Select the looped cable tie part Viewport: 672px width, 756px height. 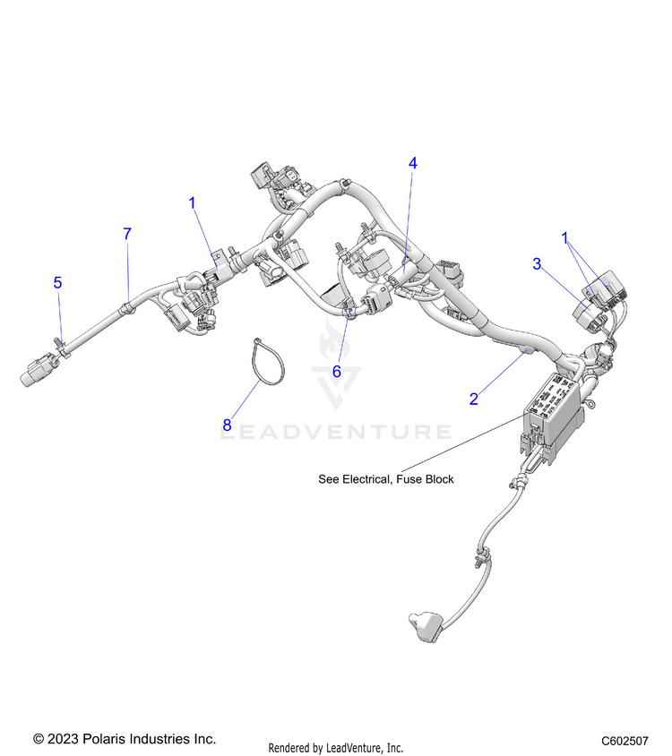pyautogui.click(x=266, y=362)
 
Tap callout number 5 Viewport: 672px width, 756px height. pyautogui.click(x=57, y=283)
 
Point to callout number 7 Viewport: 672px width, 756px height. pyautogui.click(x=127, y=234)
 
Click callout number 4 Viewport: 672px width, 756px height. pyautogui.click(x=413, y=163)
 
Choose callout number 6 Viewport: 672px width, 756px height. pyautogui.click(x=337, y=370)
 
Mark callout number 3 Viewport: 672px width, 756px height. pyautogui.click(x=537, y=263)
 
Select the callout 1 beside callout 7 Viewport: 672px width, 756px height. pyautogui.click(x=192, y=203)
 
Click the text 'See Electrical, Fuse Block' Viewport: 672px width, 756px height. pyautogui.click(x=386, y=479)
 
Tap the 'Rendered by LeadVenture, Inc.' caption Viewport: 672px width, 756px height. pyautogui.click(x=336, y=747)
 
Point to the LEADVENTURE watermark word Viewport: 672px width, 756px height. pyautogui.click(x=336, y=433)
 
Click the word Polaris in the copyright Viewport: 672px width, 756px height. pyautogui.click(x=107, y=739)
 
